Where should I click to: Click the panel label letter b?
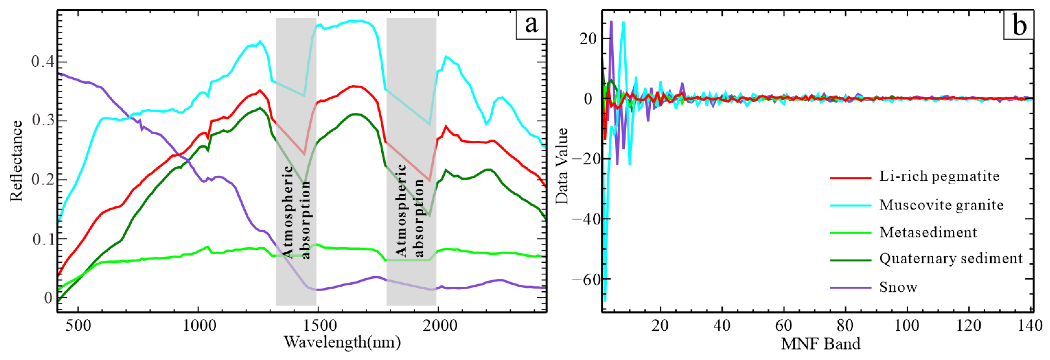point(1019,25)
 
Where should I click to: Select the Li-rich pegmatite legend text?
point(939,177)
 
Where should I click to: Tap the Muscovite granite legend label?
point(941,205)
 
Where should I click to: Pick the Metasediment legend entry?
point(928,232)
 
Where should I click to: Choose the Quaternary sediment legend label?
point(950,258)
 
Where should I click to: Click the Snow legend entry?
point(898,287)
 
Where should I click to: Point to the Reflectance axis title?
point(16,161)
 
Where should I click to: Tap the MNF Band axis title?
point(820,344)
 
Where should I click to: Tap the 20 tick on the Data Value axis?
point(587,39)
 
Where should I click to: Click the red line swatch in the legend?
point(850,178)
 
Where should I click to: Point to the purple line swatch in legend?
point(850,288)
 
